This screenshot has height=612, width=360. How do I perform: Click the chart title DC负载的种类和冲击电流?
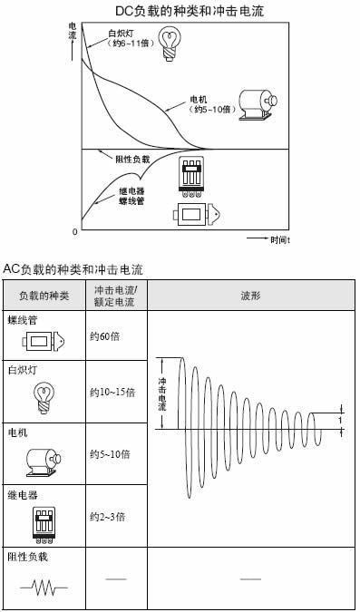190,11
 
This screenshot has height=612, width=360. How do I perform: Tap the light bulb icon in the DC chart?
170,44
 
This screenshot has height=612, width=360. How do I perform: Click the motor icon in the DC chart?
258,104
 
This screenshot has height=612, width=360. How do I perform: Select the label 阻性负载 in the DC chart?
132,160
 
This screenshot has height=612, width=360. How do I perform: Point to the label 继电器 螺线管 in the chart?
131,196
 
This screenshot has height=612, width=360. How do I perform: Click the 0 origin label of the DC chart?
75,232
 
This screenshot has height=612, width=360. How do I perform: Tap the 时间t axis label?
280,239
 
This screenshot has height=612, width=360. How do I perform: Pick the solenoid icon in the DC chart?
197,214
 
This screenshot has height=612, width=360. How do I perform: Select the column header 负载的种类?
44,296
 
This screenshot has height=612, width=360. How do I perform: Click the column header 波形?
250,296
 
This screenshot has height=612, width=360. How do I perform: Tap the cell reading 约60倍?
104,336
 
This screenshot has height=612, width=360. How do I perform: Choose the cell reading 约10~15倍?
112,393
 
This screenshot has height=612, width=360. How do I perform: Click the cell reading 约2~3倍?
107,517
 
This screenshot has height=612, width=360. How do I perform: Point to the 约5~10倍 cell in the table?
110,454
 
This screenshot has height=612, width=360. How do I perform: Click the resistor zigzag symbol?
44,587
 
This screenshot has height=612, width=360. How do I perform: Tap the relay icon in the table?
44,525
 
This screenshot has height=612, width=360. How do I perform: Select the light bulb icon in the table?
44,397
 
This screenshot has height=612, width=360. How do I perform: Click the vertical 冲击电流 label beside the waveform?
162,394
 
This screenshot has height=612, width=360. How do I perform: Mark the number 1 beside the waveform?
340,421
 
